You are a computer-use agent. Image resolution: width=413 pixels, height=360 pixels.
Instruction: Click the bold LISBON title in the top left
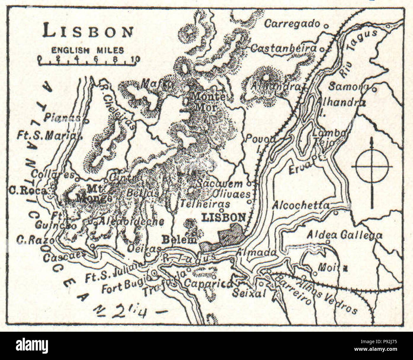point(88,32)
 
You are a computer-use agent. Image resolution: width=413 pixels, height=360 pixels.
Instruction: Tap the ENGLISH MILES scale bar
point(87,60)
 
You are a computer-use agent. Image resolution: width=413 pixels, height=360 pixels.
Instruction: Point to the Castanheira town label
point(284,48)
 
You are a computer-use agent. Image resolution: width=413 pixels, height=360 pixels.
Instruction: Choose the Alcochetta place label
point(301,205)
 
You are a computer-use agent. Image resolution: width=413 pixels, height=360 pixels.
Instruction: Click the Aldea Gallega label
point(344,235)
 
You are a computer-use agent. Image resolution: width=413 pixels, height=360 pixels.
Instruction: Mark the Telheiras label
point(205,204)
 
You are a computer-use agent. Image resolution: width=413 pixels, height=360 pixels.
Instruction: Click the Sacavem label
point(219,183)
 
